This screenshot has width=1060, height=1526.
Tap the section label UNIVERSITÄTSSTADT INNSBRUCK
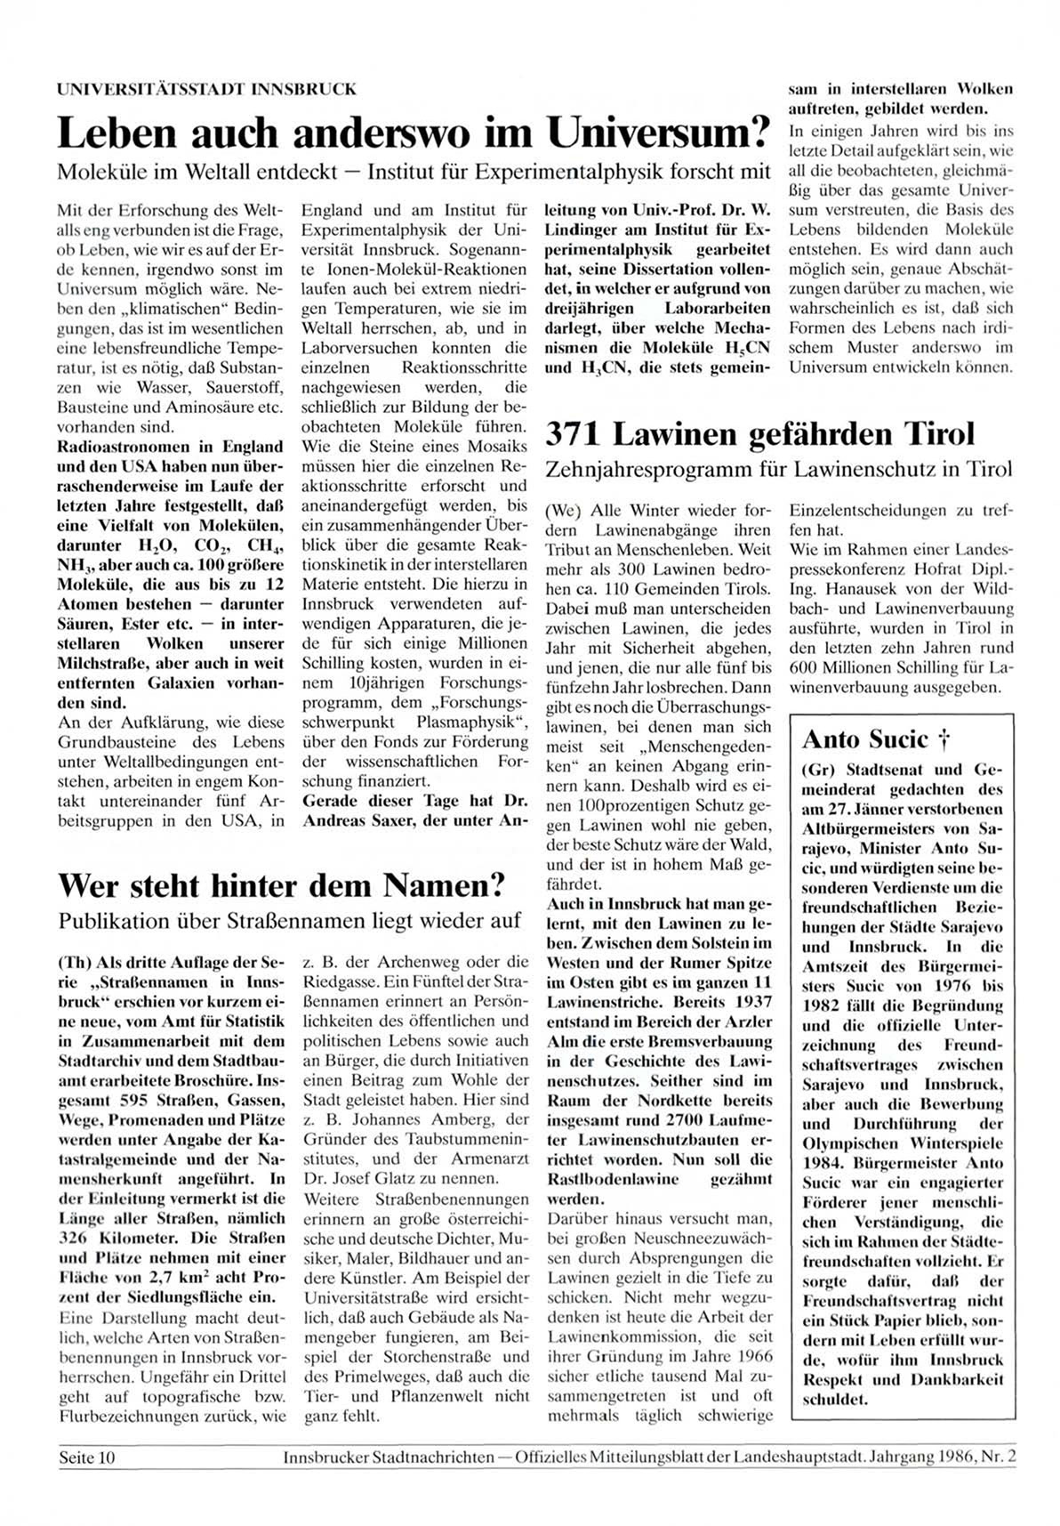(x=206, y=89)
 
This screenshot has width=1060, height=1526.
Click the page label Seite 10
(x=87, y=1457)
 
